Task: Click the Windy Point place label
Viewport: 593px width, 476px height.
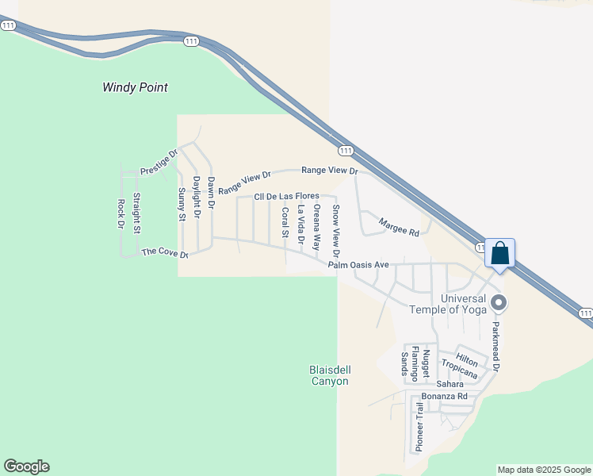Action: (x=135, y=87)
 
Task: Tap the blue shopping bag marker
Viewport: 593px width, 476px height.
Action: (x=500, y=255)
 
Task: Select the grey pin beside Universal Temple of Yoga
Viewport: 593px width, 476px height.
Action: (x=499, y=302)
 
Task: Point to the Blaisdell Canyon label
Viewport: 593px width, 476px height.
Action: (x=328, y=375)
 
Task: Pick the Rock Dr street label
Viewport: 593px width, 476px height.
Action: (x=121, y=214)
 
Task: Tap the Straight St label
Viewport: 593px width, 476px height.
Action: (x=136, y=213)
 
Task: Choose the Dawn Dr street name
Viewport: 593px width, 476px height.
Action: (x=211, y=192)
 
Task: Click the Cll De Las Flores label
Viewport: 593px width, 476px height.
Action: (x=286, y=196)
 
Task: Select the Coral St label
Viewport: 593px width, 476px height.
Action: (x=285, y=223)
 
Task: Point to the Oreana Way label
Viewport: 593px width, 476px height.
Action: (x=316, y=227)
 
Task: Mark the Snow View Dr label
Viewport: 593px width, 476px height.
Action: (x=336, y=231)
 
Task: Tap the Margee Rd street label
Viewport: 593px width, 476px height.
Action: (x=398, y=228)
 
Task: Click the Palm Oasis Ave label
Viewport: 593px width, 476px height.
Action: (x=358, y=264)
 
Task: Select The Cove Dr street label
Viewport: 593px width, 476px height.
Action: (x=165, y=252)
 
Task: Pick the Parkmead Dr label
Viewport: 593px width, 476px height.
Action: (x=495, y=346)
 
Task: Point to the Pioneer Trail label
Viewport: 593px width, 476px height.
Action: (x=419, y=426)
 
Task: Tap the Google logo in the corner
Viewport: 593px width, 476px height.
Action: (x=26, y=466)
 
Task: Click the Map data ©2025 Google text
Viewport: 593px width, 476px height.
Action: (x=544, y=470)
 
